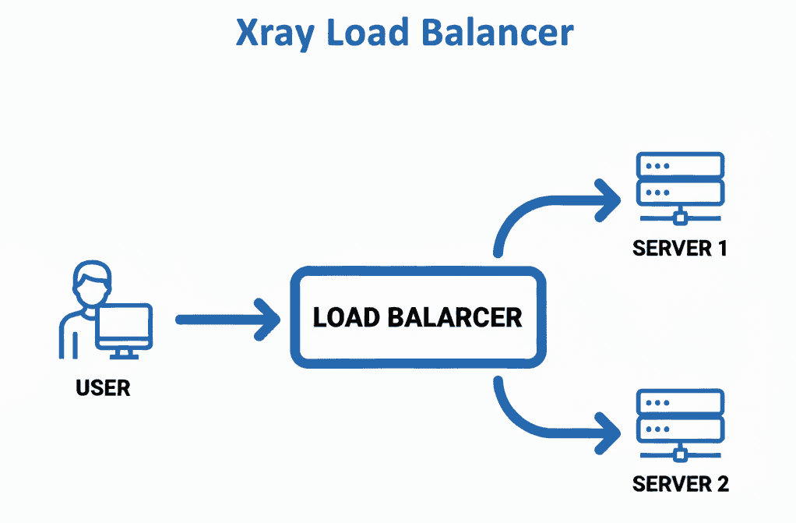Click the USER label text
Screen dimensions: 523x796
point(103,387)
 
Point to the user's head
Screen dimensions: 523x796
point(90,280)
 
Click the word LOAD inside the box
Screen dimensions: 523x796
point(346,317)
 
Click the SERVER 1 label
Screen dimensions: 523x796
point(679,249)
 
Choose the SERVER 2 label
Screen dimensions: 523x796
point(681,483)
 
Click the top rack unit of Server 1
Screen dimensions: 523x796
point(680,165)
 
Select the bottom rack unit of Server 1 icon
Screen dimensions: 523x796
point(680,191)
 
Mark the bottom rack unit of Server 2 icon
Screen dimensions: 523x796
point(680,428)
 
